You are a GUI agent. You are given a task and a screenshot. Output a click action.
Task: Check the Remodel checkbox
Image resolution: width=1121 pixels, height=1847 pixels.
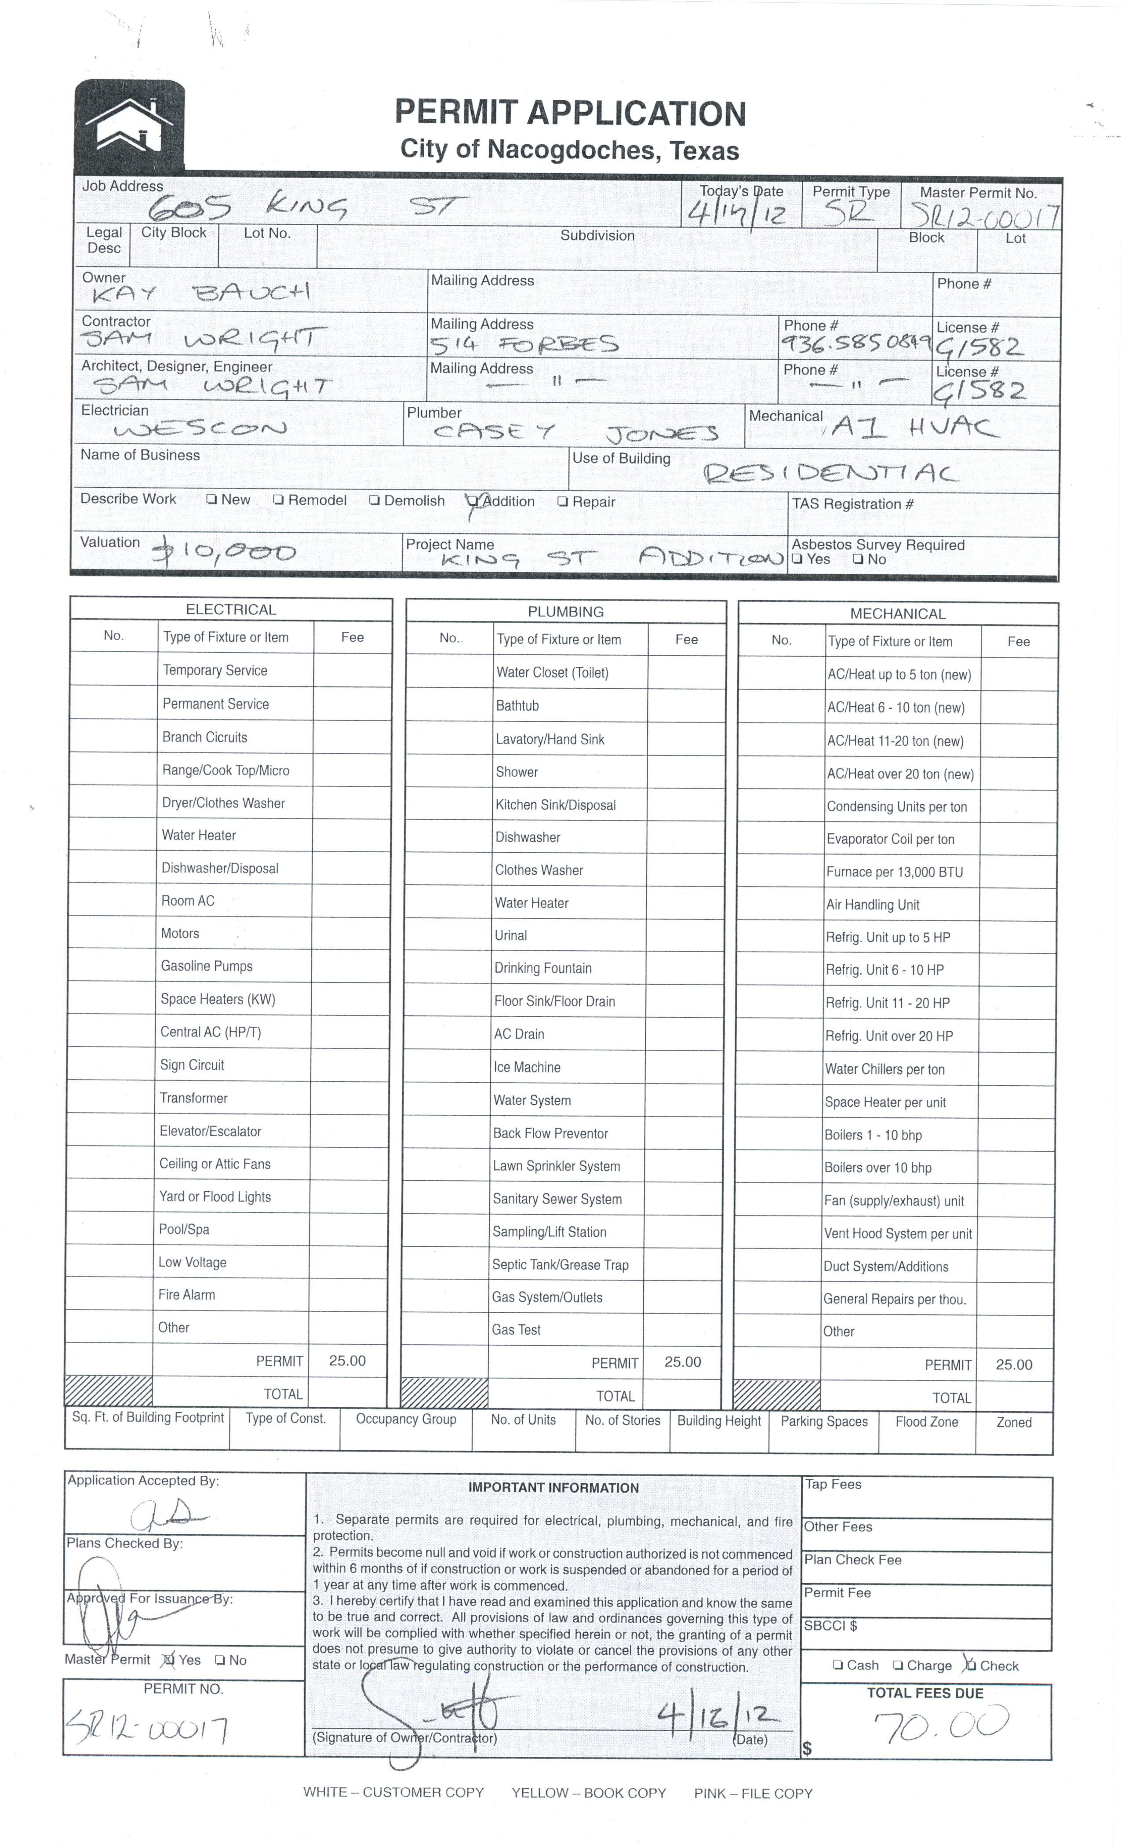click(x=278, y=500)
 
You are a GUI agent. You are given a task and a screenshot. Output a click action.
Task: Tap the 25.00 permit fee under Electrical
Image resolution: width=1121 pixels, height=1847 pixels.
click(x=347, y=1361)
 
